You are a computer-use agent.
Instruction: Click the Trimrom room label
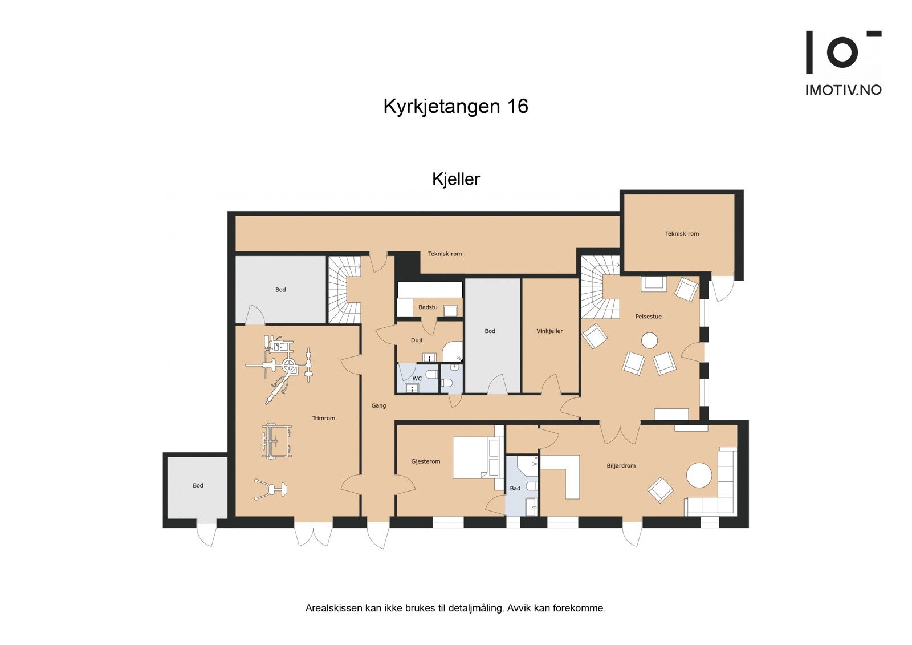click(x=324, y=419)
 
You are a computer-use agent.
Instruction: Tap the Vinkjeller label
click(x=549, y=331)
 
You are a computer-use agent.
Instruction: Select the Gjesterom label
click(x=426, y=461)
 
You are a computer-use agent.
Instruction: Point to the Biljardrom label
click(x=621, y=466)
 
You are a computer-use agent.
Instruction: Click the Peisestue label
click(x=649, y=317)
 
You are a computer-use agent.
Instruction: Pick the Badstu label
click(x=428, y=307)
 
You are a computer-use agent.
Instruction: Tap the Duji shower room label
click(x=417, y=340)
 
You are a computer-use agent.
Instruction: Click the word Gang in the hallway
click(x=378, y=406)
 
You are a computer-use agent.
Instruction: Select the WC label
click(x=417, y=379)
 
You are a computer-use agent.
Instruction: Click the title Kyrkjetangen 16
click(x=455, y=107)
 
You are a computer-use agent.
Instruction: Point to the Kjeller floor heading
click(x=455, y=179)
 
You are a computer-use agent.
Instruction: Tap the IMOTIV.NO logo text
click(x=843, y=90)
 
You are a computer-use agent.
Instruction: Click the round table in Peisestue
click(x=649, y=341)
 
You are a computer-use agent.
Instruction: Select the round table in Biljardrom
click(x=699, y=474)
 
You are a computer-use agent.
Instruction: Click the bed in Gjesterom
click(x=475, y=457)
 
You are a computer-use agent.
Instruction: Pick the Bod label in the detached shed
click(x=198, y=486)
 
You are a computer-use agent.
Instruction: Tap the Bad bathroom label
click(x=515, y=489)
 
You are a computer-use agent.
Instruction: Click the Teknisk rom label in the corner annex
click(x=682, y=234)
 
